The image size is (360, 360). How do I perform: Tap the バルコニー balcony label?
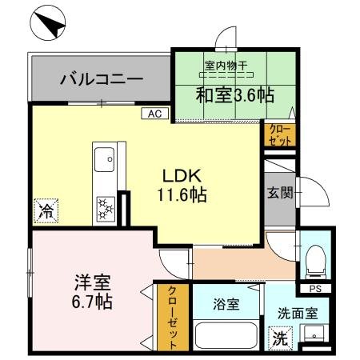[102, 80]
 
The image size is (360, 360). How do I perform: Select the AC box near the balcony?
[155, 114]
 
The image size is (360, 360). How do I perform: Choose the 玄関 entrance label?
[280, 192]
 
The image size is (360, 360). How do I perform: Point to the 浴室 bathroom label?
[226, 304]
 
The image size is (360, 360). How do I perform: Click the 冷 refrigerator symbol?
[46, 213]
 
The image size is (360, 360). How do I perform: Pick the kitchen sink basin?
[104, 162]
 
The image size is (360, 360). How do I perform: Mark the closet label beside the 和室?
[280, 134]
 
